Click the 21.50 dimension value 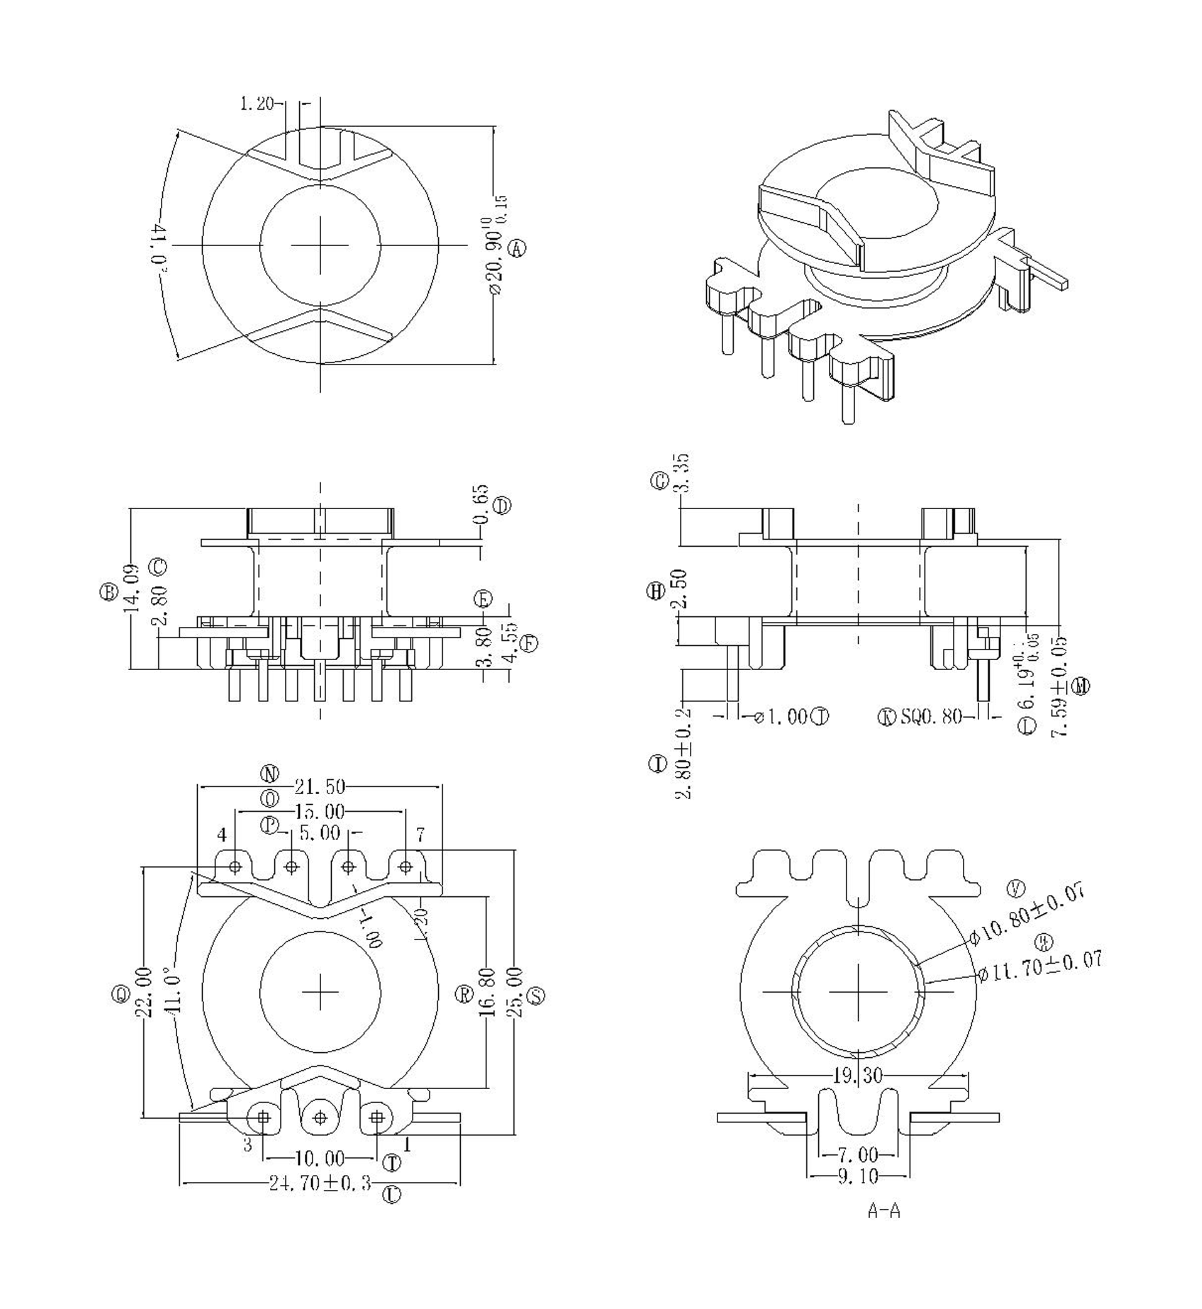[x=319, y=787]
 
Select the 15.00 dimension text [x=319, y=812]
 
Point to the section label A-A [x=883, y=1229]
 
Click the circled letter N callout [x=270, y=773]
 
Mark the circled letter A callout [x=517, y=248]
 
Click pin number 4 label [x=222, y=835]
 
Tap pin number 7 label [x=420, y=834]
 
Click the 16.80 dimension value [x=488, y=993]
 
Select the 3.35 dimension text [x=682, y=473]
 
